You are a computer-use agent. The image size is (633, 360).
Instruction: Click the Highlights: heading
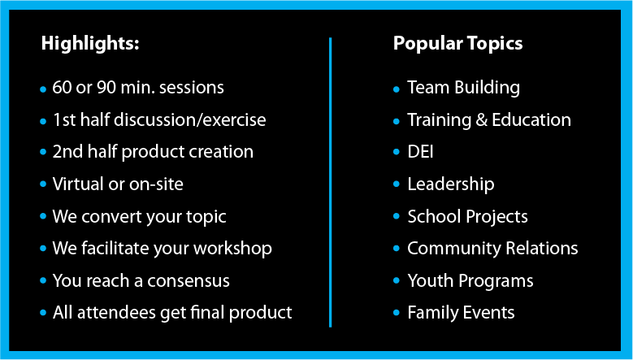click(x=90, y=44)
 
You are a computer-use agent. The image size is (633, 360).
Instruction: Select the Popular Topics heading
click(x=457, y=44)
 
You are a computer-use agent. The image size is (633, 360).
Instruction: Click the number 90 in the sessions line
click(x=106, y=88)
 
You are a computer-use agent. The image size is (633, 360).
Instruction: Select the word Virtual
click(x=78, y=184)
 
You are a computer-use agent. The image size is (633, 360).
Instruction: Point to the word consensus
click(x=189, y=281)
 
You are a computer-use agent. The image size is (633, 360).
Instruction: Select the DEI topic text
click(x=420, y=152)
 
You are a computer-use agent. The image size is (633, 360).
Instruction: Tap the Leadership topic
click(x=450, y=184)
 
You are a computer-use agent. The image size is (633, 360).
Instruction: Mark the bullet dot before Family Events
click(x=397, y=313)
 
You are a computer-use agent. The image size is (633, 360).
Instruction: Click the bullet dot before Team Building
click(x=397, y=89)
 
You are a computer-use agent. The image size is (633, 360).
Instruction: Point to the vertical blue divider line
click(x=330, y=182)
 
